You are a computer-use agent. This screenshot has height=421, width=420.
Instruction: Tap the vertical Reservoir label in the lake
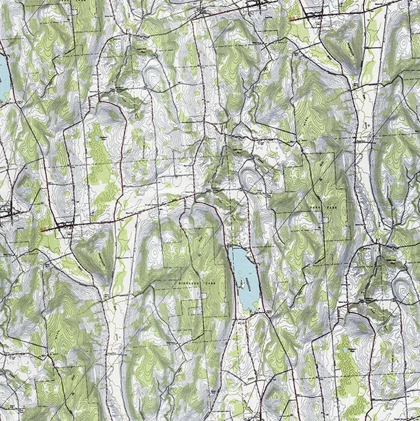pyautogui.click(x=248, y=282)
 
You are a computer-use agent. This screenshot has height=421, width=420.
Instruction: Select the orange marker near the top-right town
pyautogui.click(x=293, y=19)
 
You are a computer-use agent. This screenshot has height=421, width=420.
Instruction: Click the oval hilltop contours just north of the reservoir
pyautogui.click(x=247, y=178)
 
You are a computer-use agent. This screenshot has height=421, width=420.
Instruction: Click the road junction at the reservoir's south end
pyautogui.click(x=258, y=313)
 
